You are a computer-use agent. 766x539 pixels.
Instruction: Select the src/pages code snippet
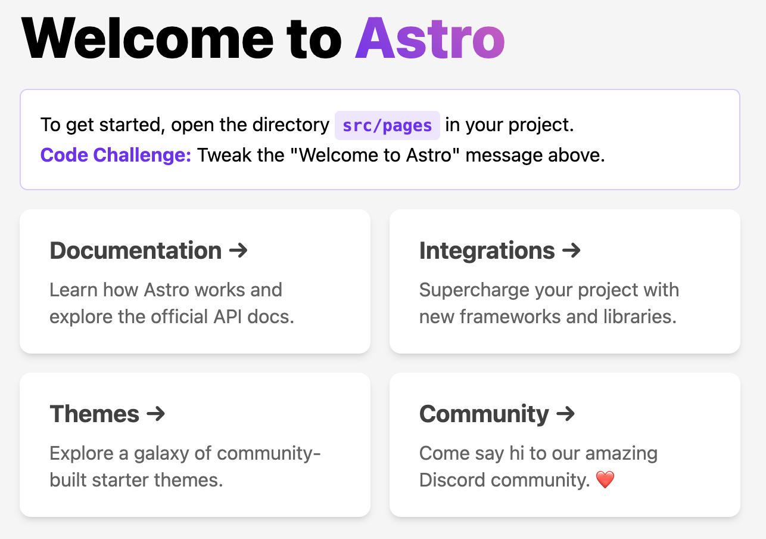tap(387, 125)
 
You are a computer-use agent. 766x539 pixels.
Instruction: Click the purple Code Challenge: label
tap(116, 155)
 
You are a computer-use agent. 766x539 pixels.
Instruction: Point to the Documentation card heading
tap(136, 250)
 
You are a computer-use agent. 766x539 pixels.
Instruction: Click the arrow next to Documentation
tap(238, 250)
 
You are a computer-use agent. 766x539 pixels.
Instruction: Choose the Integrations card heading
tap(487, 250)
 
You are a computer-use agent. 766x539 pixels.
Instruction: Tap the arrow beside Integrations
tap(571, 250)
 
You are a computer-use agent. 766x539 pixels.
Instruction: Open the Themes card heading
tap(95, 414)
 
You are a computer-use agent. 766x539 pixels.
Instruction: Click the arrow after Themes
tap(155, 414)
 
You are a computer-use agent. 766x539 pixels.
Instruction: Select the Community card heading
tap(484, 414)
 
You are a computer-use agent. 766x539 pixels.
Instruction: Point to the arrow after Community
tap(566, 414)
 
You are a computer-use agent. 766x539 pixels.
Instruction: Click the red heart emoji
tap(605, 480)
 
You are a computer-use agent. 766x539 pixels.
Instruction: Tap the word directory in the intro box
tap(290, 125)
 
